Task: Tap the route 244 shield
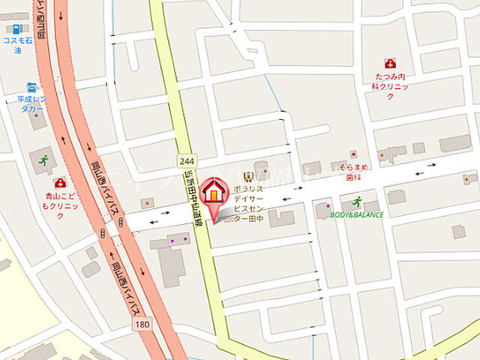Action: (187, 161)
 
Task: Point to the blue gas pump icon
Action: (16, 28)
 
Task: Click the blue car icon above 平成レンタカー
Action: (31, 87)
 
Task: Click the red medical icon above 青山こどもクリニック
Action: (59, 182)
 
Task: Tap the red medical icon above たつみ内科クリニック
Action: (390, 64)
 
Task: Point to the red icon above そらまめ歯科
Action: (353, 154)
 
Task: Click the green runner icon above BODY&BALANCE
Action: (358, 200)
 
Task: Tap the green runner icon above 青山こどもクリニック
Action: (43, 160)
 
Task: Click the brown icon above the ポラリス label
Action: (248, 177)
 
